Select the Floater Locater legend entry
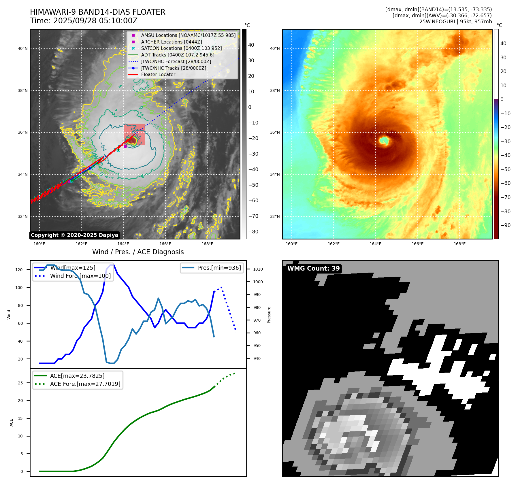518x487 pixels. click(158, 74)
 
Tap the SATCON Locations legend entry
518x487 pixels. click(181, 48)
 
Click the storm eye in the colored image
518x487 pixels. click(384, 141)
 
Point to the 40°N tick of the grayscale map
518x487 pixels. click(23, 48)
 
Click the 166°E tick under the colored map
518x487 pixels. click(417, 244)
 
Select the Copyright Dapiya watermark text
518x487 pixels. click(74, 235)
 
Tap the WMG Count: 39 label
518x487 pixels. click(313, 269)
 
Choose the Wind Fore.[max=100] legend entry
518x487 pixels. click(80, 276)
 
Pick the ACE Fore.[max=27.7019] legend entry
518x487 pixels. click(85, 384)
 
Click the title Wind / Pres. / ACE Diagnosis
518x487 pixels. click(138, 252)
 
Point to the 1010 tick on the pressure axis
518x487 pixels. click(258, 269)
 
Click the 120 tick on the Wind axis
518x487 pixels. click(19, 270)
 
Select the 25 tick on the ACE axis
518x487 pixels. click(20, 383)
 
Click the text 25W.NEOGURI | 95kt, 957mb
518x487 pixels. click(455, 22)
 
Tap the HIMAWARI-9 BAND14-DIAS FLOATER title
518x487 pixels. click(97, 12)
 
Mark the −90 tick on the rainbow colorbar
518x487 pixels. click(505, 225)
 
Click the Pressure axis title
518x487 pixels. click(269, 315)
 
